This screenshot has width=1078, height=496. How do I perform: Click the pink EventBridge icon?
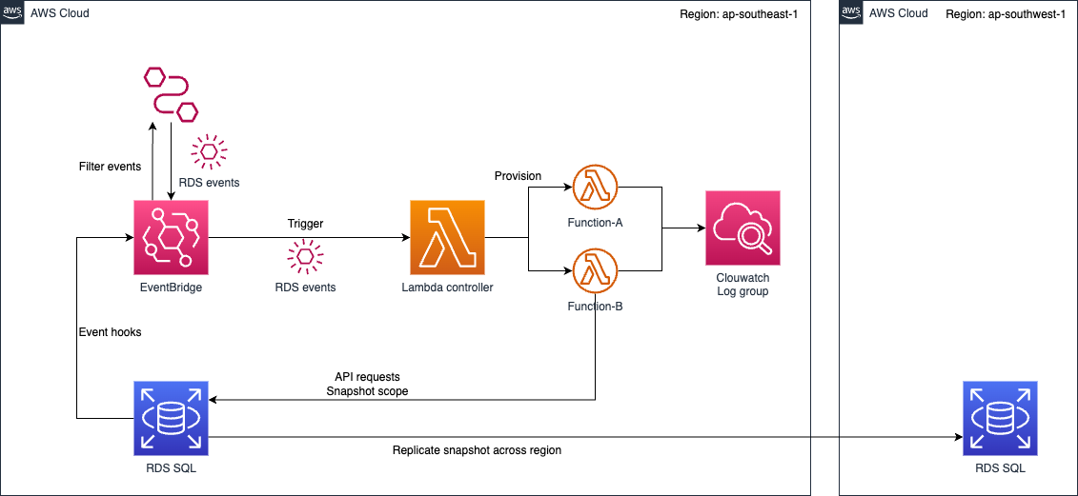click(x=171, y=237)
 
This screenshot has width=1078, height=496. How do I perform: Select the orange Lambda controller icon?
click(x=448, y=237)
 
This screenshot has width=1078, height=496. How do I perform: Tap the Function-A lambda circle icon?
click(x=596, y=188)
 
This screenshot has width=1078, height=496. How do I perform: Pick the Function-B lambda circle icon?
click(x=596, y=271)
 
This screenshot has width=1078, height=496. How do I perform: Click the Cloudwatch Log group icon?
click(x=742, y=228)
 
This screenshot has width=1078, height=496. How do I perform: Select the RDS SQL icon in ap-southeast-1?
click(x=171, y=418)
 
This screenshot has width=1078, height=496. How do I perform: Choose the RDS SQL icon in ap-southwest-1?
click(x=1000, y=418)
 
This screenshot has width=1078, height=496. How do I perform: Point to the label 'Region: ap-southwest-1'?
click(x=1006, y=14)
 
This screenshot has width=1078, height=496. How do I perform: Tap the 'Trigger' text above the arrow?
click(x=305, y=224)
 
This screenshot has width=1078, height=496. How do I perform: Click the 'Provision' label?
click(x=518, y=176)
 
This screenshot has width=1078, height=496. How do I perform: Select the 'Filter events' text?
click(x=110, y=167)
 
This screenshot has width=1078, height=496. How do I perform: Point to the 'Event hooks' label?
click(x=110, y=332)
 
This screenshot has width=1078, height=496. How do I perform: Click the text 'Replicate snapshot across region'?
click(x=477, y=450)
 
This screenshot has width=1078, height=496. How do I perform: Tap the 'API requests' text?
click(x=367, y=377)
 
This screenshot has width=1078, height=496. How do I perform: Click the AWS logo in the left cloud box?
click(x=12, y=12)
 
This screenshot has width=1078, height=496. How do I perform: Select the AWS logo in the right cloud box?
click(x=851, y=12)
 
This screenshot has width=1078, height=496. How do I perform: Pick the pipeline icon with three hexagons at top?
click(x=171, y=93)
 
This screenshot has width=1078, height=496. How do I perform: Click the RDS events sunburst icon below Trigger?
click(x=305, y=256)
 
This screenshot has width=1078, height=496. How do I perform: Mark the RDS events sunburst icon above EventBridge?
click(x=209, y=151)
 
